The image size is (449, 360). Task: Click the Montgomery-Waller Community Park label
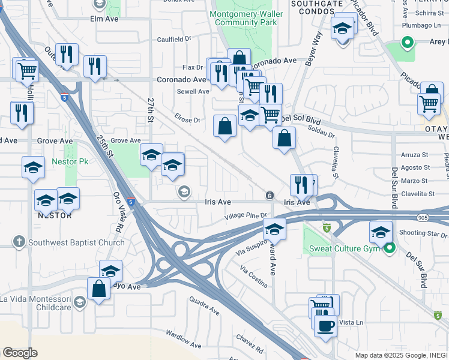(243, 18)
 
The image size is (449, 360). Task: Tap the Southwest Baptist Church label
(70, 242)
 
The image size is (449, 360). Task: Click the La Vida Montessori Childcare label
(36, 303)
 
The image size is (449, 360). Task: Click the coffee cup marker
(325, 326)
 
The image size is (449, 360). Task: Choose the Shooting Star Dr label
(423, 234)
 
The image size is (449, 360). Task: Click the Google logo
(20, 352)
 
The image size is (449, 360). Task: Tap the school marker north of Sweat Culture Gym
(381, 232)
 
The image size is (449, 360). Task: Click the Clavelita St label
(418, 194)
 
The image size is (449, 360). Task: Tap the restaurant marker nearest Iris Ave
(301, 185)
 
